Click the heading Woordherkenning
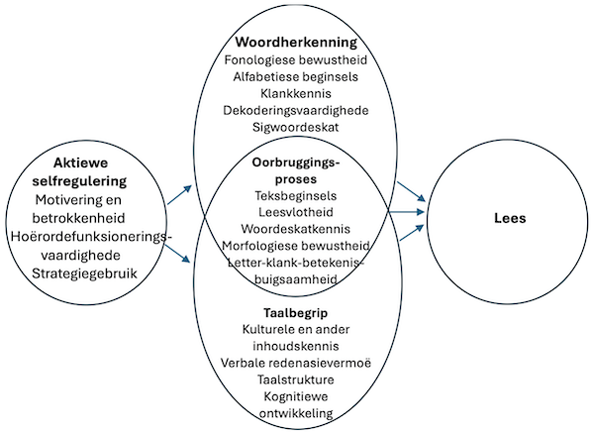point(295,44)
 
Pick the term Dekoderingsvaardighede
point(295,111)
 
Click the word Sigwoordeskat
point(295,128)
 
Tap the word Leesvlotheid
point(295,213)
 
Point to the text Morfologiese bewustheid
point(295,246)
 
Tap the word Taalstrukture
point(295,380)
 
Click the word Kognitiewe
point(295,396)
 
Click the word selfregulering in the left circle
point(90,181)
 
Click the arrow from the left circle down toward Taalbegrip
point(180,253)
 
